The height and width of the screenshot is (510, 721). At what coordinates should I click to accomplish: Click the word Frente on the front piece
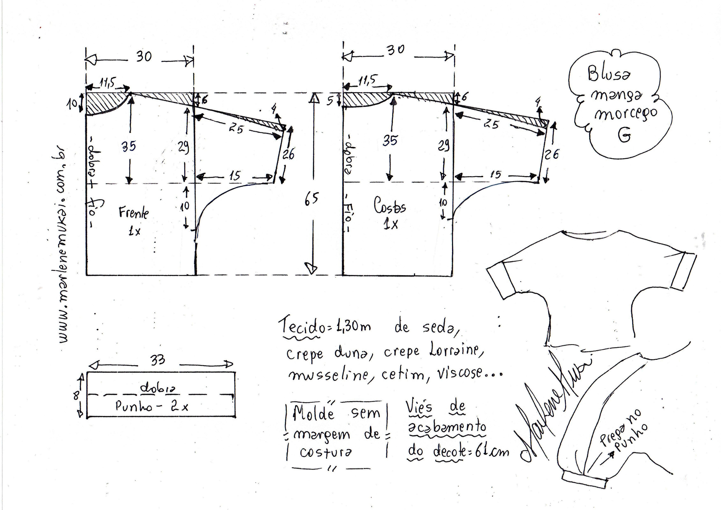[133, 213]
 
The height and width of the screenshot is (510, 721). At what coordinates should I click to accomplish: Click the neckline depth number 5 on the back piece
[330, 101]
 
